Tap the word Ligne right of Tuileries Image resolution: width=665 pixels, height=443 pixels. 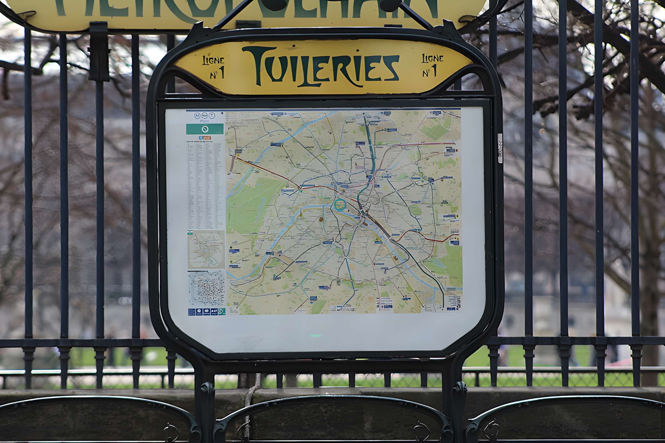[x=432, y=58]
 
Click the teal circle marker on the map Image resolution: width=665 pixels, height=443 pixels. [x=340, y=204]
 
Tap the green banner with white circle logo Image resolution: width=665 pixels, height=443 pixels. [x=205, y=129]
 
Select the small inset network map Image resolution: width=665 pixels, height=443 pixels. [x=206, y=249]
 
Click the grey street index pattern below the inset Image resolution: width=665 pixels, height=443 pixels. [x=207, y=288]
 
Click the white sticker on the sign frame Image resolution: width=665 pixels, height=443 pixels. [x=500, y=148]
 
